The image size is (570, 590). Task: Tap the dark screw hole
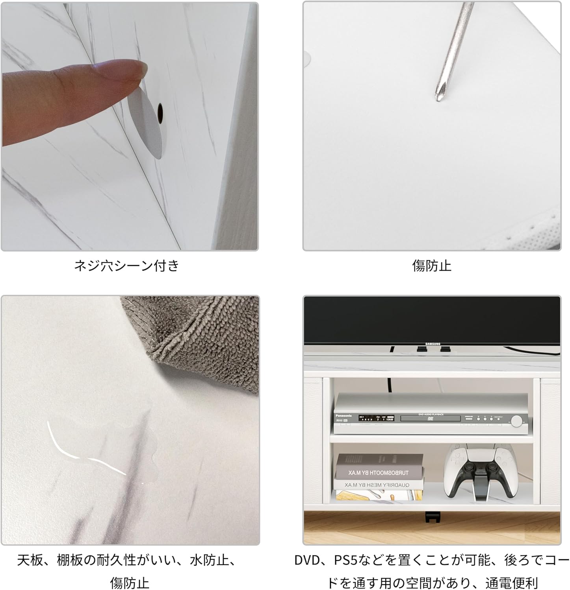click(160, 112)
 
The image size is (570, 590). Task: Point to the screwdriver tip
click(438, 97)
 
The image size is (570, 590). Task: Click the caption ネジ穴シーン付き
click(127, 266)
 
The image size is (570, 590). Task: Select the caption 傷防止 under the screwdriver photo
click(432, 266)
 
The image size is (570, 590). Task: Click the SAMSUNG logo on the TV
click(433, 344)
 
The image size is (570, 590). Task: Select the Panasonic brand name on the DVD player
click(343, 415)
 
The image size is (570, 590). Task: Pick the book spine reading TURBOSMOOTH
click(379, 472)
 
